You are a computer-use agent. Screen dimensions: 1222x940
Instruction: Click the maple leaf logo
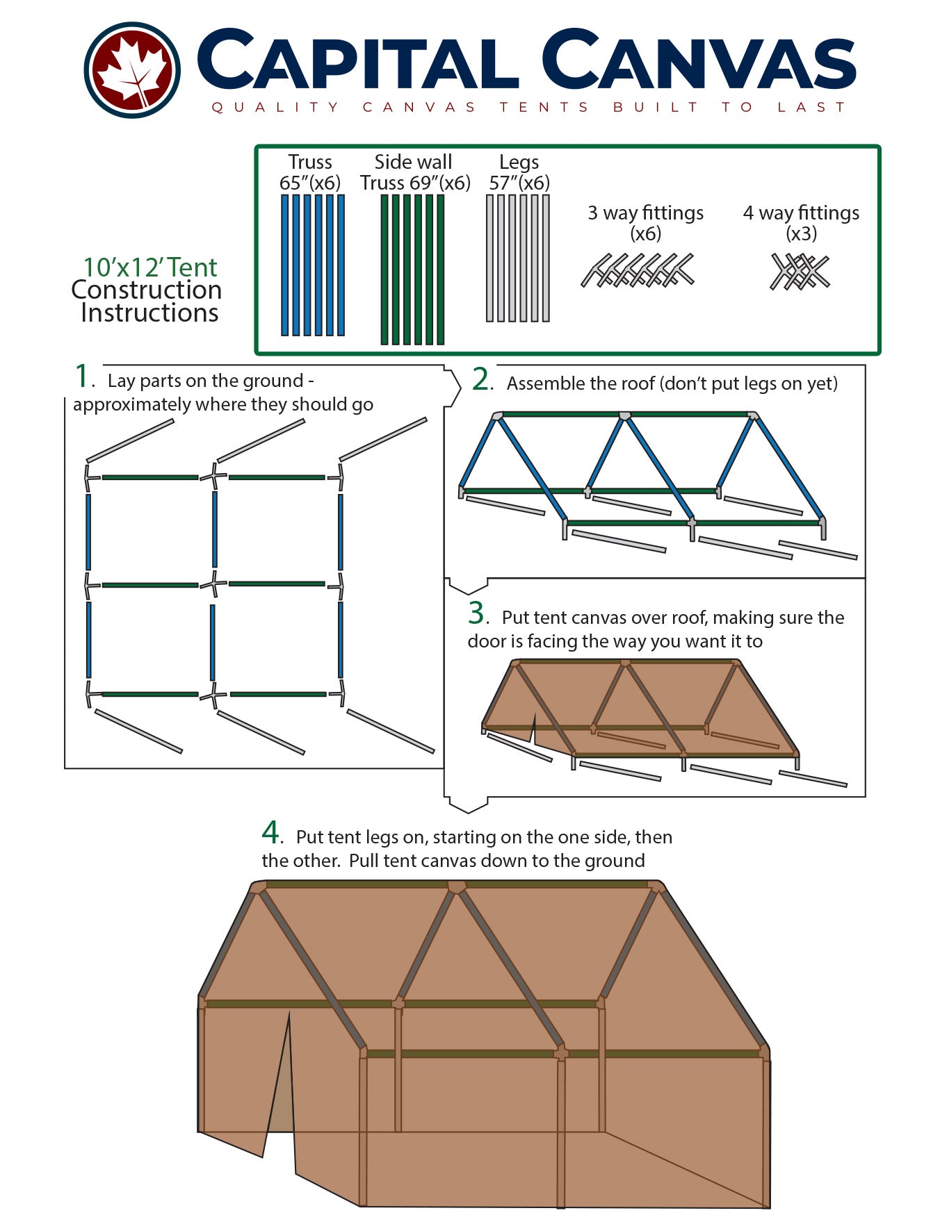[x=132, y=69]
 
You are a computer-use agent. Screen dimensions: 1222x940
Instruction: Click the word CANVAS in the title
[x=698, y=61]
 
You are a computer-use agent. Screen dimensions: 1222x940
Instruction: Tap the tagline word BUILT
[x=656, y=107]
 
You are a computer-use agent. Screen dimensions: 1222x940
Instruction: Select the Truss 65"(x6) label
[x=310, y=172]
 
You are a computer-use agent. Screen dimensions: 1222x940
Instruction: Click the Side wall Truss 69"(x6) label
[x=415, y=172]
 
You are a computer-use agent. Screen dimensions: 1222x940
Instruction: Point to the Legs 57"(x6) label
[x=519, y=172]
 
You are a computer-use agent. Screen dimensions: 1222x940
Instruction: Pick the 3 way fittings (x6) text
[x=645, y=222]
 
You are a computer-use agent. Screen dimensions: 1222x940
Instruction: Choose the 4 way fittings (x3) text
[x=801, y=222]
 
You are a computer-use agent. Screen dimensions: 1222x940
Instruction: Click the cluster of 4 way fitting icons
[x=800, y=272]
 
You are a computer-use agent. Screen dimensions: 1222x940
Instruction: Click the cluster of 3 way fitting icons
[x=638, y=271]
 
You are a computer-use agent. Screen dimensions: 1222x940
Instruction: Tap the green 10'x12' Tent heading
[x=150, y=267]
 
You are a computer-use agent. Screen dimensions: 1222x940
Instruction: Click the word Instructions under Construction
[x=149, y=313]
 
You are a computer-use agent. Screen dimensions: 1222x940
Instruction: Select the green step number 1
[x=82, y=377]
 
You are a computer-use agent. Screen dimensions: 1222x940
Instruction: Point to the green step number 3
[x=476, y=613]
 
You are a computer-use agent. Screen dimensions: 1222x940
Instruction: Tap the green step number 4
[x=270, y=832]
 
